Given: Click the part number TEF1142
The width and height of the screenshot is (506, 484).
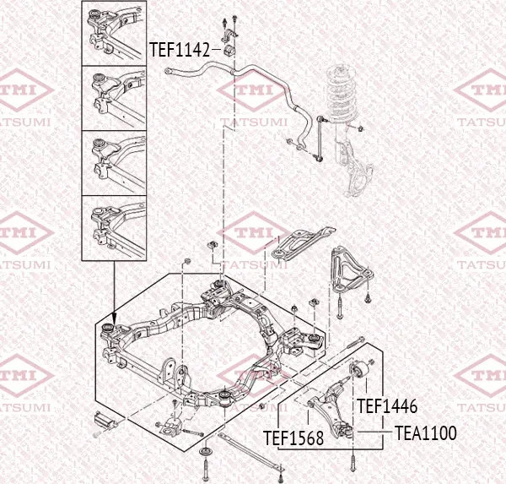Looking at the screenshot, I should point(179,49).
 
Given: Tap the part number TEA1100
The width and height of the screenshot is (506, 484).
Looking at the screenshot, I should point(425,434).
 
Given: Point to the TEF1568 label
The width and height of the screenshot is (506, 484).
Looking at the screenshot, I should point(293,439).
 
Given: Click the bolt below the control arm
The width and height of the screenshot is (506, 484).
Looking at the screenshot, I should point(353,462).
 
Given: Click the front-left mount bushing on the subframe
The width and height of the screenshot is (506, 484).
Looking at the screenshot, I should point(108,325).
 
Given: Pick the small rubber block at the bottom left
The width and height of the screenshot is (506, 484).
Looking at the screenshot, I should point(105,419).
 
